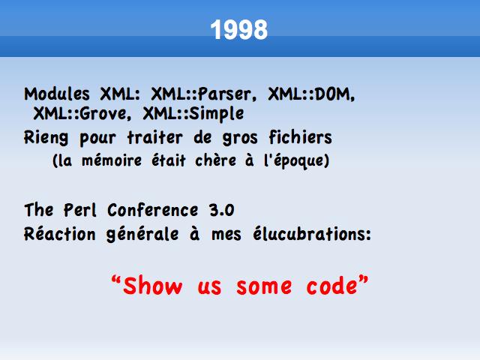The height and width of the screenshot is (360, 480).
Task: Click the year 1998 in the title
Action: tap(238, 30)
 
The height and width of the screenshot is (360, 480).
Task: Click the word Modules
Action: tap(57, 94)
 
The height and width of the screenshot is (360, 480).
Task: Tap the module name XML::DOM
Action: tap(311, 94)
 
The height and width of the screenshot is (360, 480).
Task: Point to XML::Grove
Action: tap(82, 114)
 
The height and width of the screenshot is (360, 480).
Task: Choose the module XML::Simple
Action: tap(193, 114)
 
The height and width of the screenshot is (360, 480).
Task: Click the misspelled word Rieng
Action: tap(46, 138)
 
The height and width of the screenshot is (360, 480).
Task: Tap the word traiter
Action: tap(155, 137)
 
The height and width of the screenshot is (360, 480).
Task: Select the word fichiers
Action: tap(300, 136)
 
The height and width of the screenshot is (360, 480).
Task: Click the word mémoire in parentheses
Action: tap(112, 160)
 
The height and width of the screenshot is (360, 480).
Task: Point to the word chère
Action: tap(215, 160)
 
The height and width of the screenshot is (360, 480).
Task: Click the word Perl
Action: tap(80, 210)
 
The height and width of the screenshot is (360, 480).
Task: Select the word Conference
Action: tap(153, 210)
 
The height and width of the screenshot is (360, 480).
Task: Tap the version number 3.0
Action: tap(222, 210)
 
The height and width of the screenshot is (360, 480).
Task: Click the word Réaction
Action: tap(60, 234)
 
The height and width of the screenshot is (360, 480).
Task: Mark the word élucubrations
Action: tap(312, 234)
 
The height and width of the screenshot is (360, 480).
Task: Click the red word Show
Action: tap(152, 286)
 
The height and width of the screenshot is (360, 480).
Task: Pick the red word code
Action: tap(331, 285)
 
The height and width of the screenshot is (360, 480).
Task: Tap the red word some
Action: tap(264, 286)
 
